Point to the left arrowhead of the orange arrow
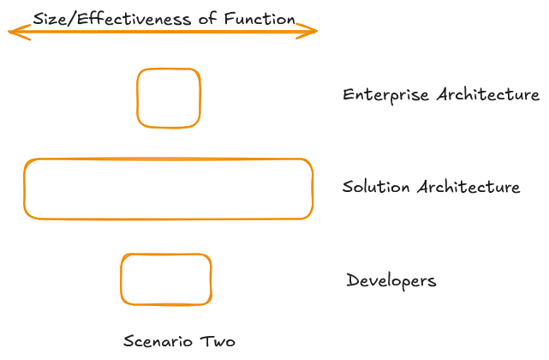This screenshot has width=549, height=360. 14,33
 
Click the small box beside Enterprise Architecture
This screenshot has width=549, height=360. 169,98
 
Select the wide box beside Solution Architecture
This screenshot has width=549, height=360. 168,189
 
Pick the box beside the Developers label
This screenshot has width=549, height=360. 165,279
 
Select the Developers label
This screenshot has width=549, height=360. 391,280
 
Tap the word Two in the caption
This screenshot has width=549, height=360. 218,341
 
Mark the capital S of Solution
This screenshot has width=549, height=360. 348,187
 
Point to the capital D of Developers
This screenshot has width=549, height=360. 352,280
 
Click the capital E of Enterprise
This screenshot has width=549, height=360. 348,95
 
